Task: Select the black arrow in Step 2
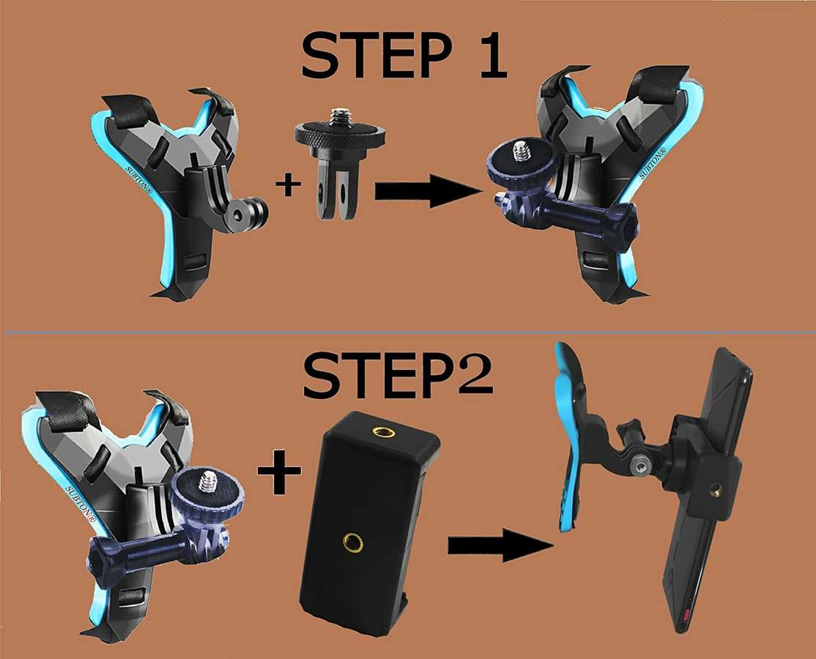498,546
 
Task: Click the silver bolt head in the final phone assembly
642,466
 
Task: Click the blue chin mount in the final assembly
571,439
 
